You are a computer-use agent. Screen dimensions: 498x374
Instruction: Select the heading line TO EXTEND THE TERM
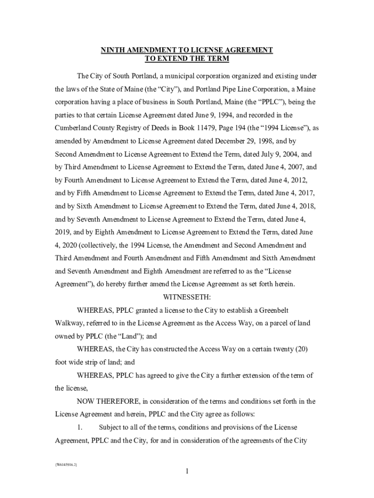(187, 59)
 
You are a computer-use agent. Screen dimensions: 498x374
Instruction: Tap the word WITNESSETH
(187, 297)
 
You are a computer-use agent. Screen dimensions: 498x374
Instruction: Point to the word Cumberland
(72, 128)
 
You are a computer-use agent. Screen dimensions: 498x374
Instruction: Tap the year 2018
(306, 206)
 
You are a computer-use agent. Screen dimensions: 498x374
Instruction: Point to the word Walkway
(68, 323)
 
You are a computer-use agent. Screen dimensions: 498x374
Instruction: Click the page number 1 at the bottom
(187, 471)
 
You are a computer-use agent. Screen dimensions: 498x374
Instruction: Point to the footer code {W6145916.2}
(66, 465)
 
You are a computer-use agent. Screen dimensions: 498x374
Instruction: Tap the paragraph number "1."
(80, 427)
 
